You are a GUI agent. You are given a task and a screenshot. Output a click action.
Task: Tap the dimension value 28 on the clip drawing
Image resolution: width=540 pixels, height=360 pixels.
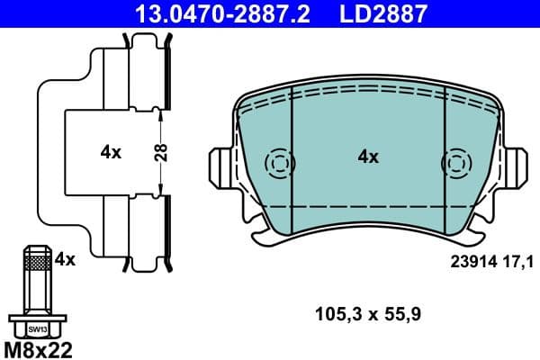159,152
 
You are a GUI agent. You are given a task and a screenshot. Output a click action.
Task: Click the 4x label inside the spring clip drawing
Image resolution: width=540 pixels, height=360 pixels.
111,152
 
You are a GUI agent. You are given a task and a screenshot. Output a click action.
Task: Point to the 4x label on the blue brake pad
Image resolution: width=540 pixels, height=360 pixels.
368,157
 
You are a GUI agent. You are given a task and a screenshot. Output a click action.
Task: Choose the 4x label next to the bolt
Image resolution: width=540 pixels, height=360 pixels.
65,259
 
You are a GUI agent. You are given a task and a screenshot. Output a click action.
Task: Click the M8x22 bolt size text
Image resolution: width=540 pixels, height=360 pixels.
37,347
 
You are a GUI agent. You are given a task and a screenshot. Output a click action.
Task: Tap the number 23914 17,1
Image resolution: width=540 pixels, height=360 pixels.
491,261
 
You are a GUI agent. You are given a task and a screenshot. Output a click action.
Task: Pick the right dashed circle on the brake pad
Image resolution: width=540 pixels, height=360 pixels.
454,163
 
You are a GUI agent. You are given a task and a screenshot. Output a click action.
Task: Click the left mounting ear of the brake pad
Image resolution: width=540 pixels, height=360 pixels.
220,165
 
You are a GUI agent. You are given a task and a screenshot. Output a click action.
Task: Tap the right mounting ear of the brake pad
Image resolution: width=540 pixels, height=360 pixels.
517,165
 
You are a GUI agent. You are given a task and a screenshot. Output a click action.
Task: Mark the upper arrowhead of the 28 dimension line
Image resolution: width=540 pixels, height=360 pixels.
159,112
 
